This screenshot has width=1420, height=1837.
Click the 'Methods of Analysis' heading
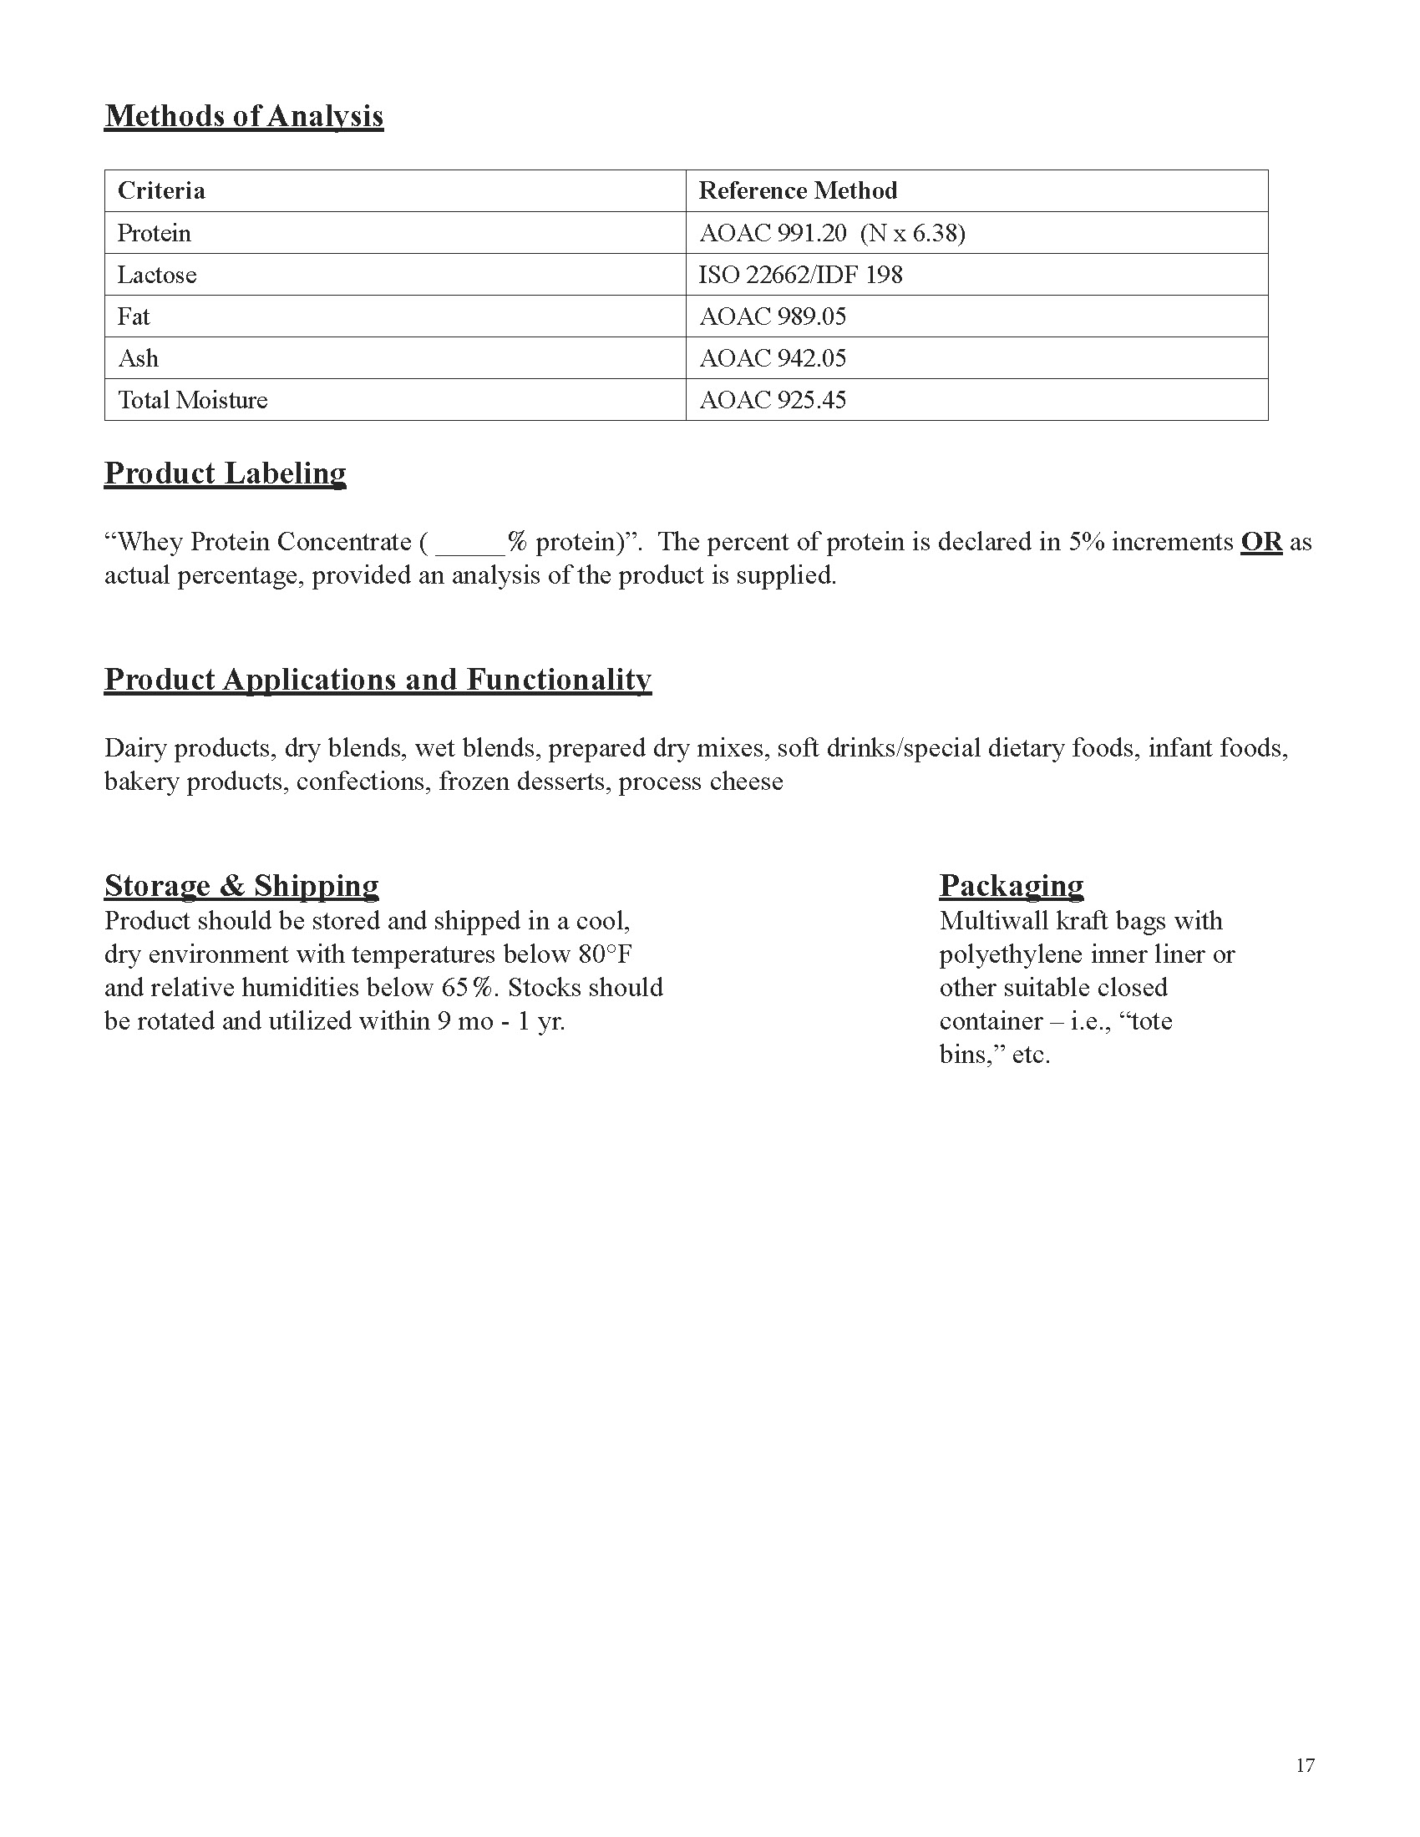point(244,116)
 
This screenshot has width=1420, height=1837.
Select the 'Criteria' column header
point(161,191)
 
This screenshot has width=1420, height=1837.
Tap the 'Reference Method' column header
point(798,191)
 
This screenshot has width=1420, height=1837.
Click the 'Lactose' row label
point(157,275)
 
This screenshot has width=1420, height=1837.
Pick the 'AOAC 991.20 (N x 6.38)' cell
point(832,233)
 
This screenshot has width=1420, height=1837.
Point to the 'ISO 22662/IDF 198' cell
point(800,275)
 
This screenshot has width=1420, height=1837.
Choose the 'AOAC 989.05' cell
point(773,316)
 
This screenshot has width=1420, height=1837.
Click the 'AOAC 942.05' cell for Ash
point(773,358)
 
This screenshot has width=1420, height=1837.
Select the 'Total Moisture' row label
point(193,399)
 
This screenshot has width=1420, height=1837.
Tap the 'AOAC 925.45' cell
point(773,399)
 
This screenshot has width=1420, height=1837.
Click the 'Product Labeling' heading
point(226,473)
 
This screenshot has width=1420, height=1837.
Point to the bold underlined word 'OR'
point(1261,542)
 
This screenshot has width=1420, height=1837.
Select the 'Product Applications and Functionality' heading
point(378,680)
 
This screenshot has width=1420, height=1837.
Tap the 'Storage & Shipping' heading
point(241,886)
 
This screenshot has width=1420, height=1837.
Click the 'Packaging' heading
point(1012,886)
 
